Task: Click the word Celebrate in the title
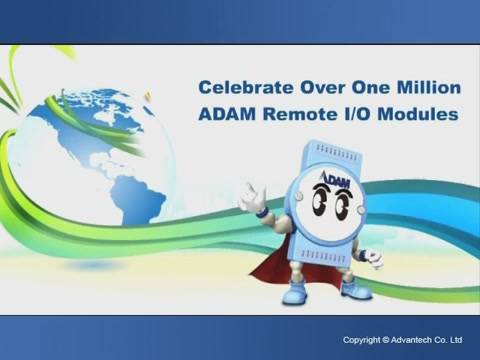pyautogui.click(x=239, y=87)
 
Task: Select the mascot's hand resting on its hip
pyautogui.click(x=372, y=257)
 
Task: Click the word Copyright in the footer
pyautogui.click(x=361, y=340)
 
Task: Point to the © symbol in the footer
pyautogui.click(x=386, y=340)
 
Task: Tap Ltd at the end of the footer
pyautogui.click(x=456, y=340)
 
